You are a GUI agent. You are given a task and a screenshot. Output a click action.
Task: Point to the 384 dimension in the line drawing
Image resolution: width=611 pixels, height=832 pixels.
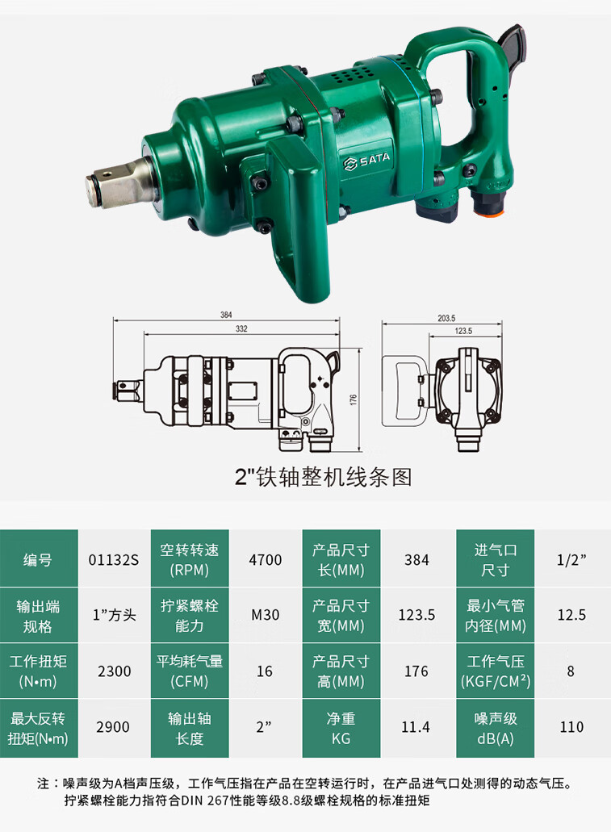[x=226, y=315]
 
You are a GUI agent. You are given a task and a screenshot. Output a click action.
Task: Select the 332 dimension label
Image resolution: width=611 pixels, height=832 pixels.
[x=241, y=328]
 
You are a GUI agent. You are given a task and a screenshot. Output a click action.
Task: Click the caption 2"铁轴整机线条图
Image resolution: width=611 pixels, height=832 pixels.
[x=323, y=477]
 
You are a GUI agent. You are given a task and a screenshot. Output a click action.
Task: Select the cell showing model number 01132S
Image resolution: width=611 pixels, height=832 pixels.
[x=113, y=559]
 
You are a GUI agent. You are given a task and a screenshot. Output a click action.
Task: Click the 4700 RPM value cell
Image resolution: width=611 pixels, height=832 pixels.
[x=266, y=559]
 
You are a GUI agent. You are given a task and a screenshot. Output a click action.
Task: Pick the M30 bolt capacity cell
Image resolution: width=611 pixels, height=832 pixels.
[x=266, y=615]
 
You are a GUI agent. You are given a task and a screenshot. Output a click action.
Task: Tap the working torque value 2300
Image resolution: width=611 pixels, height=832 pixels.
[x=113, y=671]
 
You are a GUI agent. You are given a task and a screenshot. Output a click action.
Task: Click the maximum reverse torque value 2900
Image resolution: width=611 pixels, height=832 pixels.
[x=113, y=726]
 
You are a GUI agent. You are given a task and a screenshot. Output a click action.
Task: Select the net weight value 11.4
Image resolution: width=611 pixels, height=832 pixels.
[x=416, y=726]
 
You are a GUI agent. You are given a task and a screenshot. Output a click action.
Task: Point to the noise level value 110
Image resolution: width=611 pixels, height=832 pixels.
[x=571, y=726]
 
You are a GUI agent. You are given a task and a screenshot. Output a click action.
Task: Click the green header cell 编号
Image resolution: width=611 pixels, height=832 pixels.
[x=38, y=559]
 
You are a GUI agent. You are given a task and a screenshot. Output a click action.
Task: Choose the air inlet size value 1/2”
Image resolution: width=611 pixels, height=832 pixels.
[x=571, y=559]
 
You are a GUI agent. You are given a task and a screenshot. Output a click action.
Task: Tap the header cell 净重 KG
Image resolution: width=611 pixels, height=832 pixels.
[x=341, y=726]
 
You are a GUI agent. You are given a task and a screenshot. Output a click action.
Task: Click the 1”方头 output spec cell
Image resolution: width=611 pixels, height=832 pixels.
[x=113, y=615]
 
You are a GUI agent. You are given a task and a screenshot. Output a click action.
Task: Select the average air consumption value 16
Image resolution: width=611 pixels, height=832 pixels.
[x=266, y=671]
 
